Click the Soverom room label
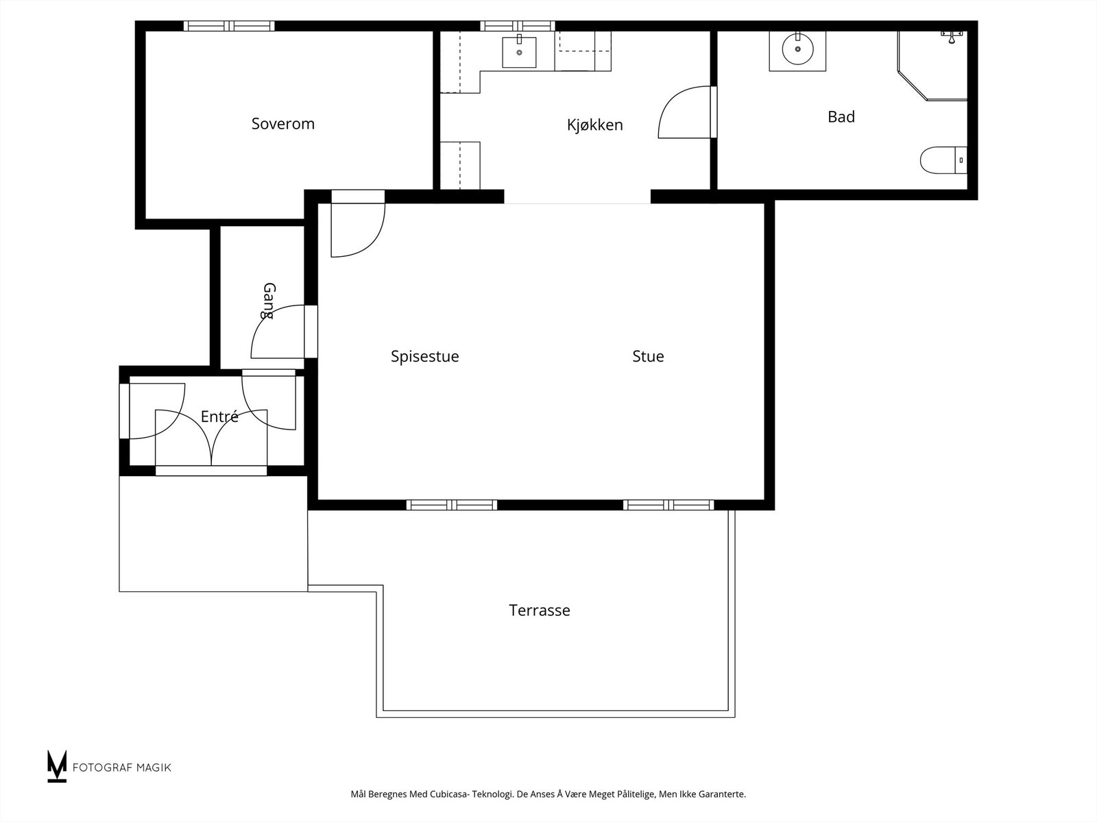click(282, 124)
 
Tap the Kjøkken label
click(594, 125)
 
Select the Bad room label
click(841, 117)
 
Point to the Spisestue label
click(424, 356)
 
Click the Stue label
click(648, 356)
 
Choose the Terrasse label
click(539, 610)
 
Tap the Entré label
click(219, 416)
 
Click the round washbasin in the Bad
click(797, 49)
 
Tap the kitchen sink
click(519, 52)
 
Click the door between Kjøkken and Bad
click(686, 113)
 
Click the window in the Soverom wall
click(229, 26)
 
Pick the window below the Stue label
click(668, 505)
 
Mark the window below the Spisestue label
click(452, 505)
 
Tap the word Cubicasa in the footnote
click(449, 795)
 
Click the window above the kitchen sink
click(517, 26)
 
